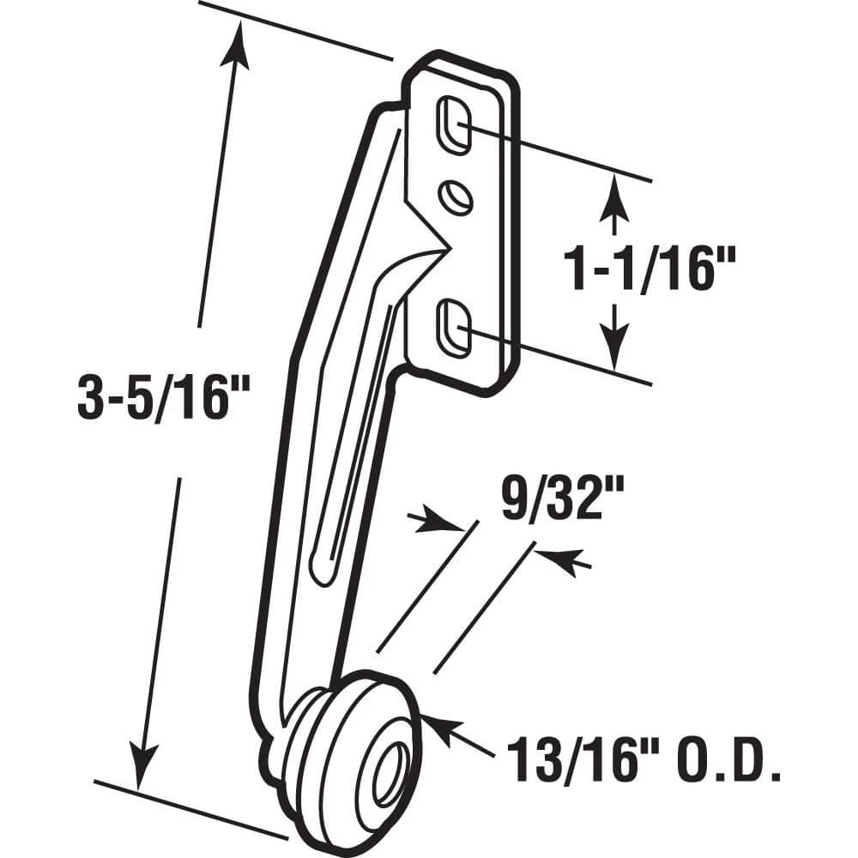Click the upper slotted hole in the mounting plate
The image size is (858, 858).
[454, 127]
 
